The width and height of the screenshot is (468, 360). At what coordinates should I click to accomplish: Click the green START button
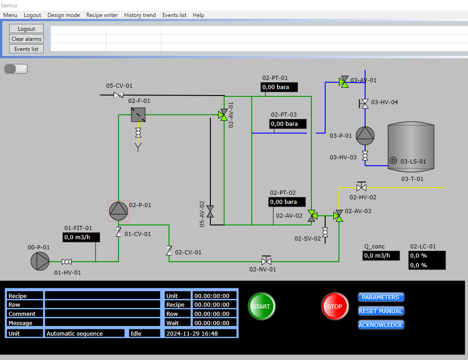(x=261, y=306)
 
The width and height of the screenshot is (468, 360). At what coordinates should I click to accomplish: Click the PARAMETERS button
(x=381, y=297)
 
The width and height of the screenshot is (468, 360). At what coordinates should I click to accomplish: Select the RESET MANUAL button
(x=381, y=311)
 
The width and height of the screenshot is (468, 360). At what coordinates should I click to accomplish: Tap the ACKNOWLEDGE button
(x=381, y=325)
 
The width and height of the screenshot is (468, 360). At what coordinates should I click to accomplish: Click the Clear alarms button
(x=26, y=39)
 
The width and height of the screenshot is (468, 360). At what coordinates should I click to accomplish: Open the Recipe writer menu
(x=102, y=15)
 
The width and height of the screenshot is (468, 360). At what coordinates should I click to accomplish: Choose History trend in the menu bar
(x=140, y=15)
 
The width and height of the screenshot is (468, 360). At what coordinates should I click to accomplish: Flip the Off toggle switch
(x=16, y=69)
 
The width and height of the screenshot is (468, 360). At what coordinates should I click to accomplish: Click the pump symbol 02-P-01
(x=118, y=211)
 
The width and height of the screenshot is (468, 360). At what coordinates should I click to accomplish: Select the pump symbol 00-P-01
(x=40, y=261)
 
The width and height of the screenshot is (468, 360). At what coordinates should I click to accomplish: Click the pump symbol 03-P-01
(x=365, y=135)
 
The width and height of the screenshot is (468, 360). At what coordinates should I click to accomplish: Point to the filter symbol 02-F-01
(x=138, y=114)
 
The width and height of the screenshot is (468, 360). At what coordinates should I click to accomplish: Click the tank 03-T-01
(x=411, y=147)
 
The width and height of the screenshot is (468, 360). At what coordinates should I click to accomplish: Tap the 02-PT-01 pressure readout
(x=279, y=87)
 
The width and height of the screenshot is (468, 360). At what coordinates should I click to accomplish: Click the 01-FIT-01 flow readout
(x=81, y=237)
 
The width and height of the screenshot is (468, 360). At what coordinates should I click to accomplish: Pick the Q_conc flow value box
(x=381, y=256)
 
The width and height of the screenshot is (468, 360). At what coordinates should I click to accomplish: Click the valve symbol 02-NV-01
(x=266, y=260)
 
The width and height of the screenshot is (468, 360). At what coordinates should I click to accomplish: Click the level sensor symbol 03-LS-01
(x=394, y=161)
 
